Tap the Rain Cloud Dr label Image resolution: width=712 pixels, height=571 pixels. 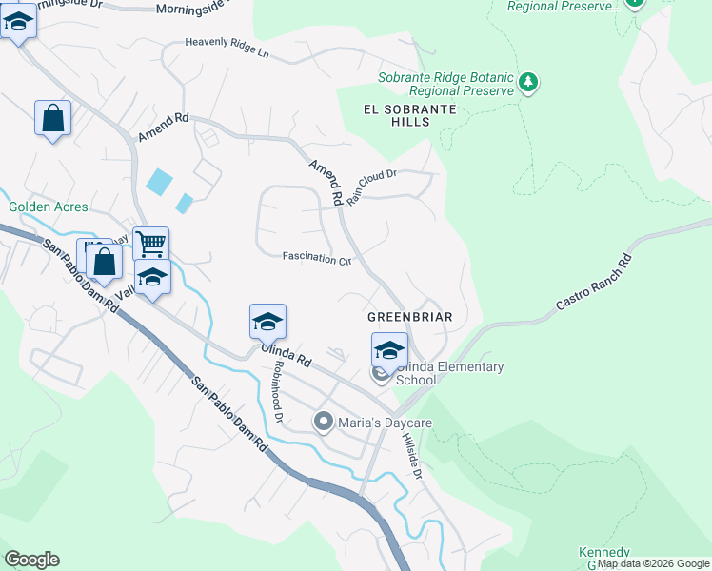tap(370, 187)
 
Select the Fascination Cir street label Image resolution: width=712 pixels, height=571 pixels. tap(317, 258)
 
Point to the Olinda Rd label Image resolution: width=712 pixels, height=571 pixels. tap(287, 355)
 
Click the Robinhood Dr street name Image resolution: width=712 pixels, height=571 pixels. tap(277, 391)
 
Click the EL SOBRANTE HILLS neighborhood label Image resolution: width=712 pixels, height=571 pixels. tap(410, 116)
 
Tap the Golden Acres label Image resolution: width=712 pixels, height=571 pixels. tap(48, 207)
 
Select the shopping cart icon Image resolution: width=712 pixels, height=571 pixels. tap(150, 244)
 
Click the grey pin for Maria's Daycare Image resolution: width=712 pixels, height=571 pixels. tap(324, 421)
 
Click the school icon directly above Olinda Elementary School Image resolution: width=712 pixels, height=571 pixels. tap(389, 349)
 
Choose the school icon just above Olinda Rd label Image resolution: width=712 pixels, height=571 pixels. tap(267, 322)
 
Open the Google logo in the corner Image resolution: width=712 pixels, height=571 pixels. tap(31, 560)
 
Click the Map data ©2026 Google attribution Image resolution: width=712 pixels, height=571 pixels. tap(653, 563)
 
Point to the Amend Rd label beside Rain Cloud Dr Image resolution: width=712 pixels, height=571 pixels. tap(325, 182)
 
